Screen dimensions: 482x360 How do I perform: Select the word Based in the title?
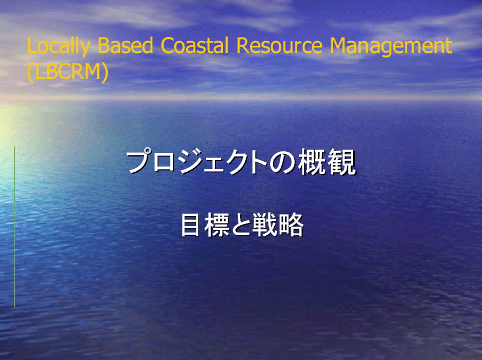[125, 45]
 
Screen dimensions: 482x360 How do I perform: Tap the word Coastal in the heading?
[195, 45]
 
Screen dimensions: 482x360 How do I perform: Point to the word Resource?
[280, 45]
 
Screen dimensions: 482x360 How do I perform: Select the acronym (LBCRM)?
[68, 72]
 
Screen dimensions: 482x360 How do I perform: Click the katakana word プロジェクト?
[197, 161]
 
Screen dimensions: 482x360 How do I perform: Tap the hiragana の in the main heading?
[282, 162]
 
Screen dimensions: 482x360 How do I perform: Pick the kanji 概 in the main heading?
[311, 162]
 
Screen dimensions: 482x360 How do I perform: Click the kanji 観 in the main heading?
[341, 162]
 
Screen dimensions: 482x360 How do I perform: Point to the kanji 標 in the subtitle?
[217, 225]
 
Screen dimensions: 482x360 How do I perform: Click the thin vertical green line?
[15, 227]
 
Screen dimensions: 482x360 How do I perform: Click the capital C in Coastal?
[168, 45]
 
